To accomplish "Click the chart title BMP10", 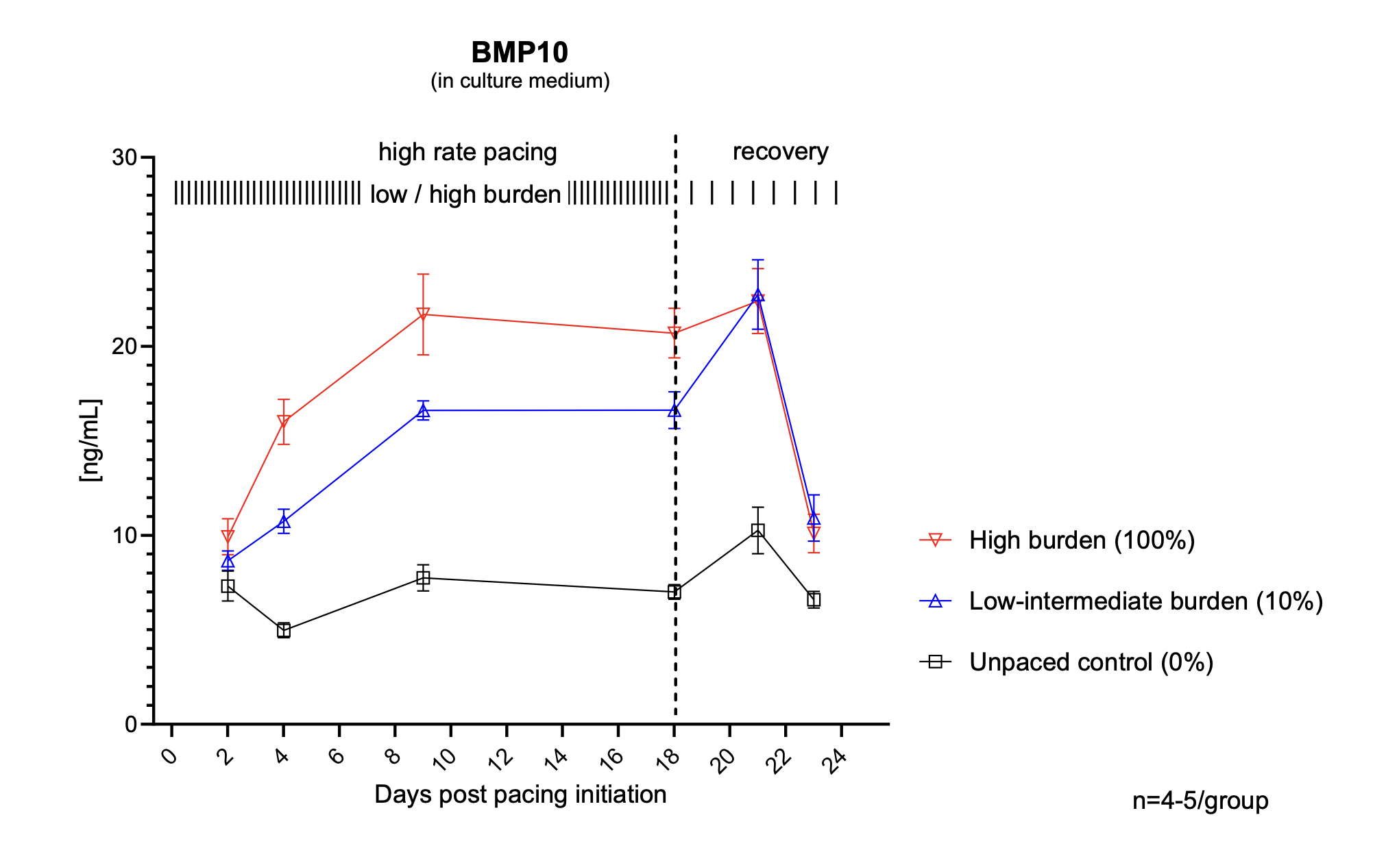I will point(520,53).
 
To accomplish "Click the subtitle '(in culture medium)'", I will point(520,81).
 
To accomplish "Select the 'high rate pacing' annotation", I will point(467,152).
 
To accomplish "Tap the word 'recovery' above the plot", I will point(780,151).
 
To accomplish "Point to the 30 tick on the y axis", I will point(124,158).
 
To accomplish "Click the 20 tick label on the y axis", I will point(124,347).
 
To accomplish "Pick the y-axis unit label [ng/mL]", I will point(90,440).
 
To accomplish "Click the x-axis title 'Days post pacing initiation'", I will point(520,795).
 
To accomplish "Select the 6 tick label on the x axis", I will point(337,757).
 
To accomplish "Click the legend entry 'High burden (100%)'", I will point(1082,540).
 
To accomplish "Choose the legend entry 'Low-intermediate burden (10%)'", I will point(1145,601).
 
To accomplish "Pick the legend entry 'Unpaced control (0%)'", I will point(1091,662).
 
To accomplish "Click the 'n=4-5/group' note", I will point(1200,801).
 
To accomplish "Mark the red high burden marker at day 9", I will point(423,315).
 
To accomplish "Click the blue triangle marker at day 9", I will point(423,411).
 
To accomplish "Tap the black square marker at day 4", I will point(284,630).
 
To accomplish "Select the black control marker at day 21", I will point(757,531).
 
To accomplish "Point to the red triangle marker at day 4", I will point(284,421).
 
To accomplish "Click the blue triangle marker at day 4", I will point(284,522).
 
